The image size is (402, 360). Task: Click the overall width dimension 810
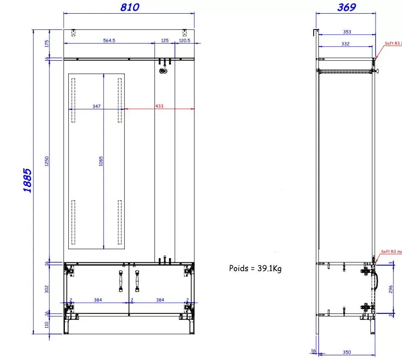pyautogui.click(x=130, y=7)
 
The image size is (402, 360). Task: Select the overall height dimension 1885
pyautogui.click(x=27, y=181)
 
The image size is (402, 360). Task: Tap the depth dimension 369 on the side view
pyautogui.click(x=346, y=7)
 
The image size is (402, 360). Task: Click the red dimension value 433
pyautogui.click(x=159, y=106)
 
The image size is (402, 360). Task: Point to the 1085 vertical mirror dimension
pyautogui.click(x=101, y=161)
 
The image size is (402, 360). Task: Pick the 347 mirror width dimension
pyautogui.click(x=96, y=106)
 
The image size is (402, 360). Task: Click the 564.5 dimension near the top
pyautogui.click(x=109, y=41)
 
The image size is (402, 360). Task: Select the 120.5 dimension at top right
pyautogui.click(x=184, y=41)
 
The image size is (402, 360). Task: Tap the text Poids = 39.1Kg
pyautogui.click(x=255, y=268)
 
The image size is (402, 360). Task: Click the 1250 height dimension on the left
pyautogui.click(x=47, y=161)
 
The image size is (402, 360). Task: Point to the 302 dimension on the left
pyautogui.click(x=47, y=289)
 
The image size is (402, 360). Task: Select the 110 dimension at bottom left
pyautogui.click(x=47, y=325)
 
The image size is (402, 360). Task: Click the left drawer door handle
pyautogui.click(x=120, y=280)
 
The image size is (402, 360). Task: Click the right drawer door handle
pyautogui.click(x=137, y=280)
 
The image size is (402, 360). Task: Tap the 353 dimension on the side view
pyautogui.click(x=347, y=32)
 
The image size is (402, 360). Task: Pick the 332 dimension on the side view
pyautogui.click(x=345, y=44)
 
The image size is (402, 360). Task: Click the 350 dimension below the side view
pyautogui.click(x=347, y=352)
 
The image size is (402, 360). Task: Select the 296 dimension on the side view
pyautogui.click(x=391, y=289)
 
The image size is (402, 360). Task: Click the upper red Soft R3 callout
pyautogui.click(x=393, y=43)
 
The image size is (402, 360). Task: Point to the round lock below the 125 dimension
pyautogui.click(x=163, y=71)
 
